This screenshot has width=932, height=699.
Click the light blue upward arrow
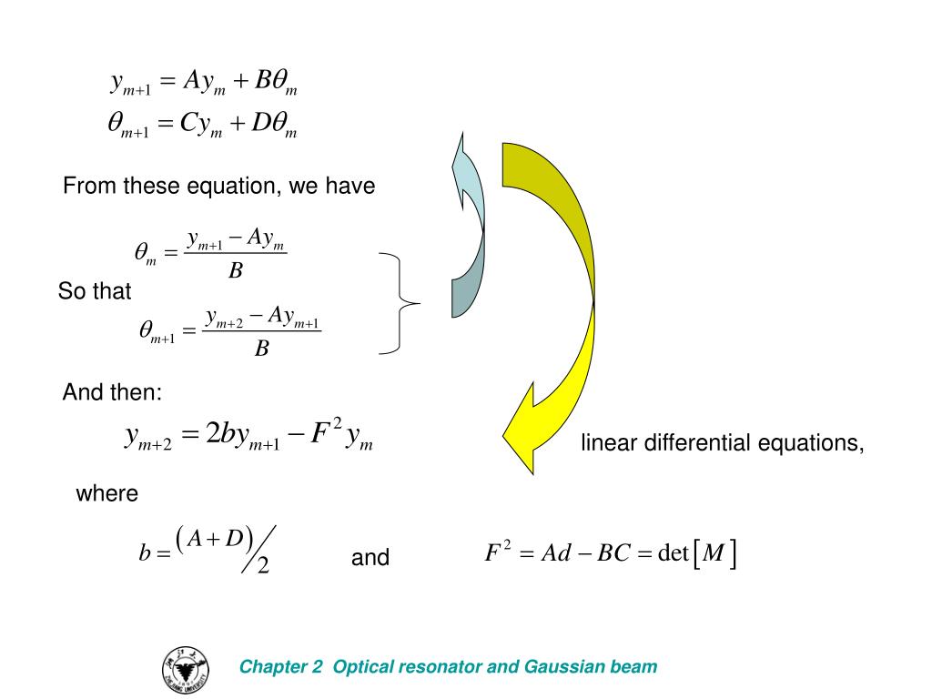pos(468,228)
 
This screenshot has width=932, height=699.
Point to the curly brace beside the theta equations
pos(400,302)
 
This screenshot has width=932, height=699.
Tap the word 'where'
pos(106,494)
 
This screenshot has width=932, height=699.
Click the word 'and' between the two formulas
pos(370,558)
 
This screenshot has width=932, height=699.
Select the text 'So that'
pos(95,292)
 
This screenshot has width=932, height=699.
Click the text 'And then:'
pos(112,393)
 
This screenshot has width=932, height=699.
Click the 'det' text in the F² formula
pos(673,553)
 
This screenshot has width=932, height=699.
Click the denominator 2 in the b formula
pos(263,567)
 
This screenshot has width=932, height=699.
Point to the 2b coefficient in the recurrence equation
pos(221,435)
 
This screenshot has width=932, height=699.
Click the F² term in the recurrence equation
pos(319,432)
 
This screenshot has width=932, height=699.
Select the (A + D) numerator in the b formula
pos(216,539)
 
